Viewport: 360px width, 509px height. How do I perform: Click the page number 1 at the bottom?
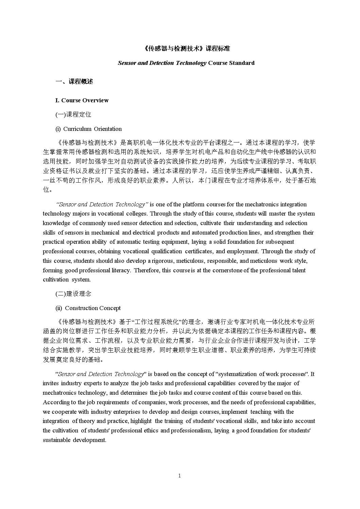pyautogui.click(x=179, y=476)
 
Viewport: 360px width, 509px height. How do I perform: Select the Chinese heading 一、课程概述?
pyautogui.click(x=74, y=82)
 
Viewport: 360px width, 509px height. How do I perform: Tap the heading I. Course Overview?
pyautogui.click(x=82, y=100)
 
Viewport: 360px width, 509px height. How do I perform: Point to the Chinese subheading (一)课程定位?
pyautogui.click(x=73, y=115)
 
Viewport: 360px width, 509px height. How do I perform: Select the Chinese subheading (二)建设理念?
pyautogui.click(x=73, y=294)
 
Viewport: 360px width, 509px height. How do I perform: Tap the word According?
pyautogui.click(x=56, y=402)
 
